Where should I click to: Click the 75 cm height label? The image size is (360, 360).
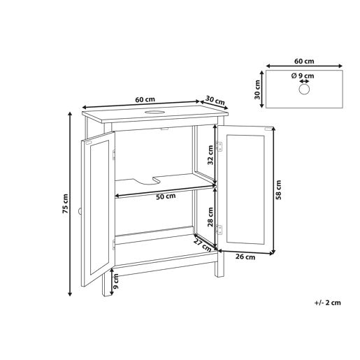point(66,204)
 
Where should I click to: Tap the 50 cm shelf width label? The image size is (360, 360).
point(166,196)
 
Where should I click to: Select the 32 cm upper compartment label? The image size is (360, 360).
point(210,155)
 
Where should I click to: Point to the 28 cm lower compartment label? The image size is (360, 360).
point(210,217)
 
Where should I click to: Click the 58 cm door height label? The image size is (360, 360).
point(278,190)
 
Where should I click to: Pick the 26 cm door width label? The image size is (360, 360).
point(245,257)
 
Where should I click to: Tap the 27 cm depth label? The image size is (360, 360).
point(202,245)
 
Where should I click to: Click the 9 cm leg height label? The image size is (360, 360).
point(116,282)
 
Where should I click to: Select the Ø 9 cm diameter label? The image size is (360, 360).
point(303,75)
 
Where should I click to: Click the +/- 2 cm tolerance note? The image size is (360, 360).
point(327,303)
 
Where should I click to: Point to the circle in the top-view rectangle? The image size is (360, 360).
point(304,89)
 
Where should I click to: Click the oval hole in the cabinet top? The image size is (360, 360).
point(154,112)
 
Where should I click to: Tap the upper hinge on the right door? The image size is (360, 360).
point(219,146)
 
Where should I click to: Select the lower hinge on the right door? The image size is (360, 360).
point(219,229)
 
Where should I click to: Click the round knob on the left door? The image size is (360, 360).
point(80,211)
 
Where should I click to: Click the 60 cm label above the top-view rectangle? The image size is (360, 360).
point(304,62)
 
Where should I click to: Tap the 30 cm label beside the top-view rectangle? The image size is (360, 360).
point(257,89)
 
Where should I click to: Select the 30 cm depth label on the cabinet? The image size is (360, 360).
point(215,101)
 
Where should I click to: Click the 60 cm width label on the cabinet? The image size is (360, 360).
point(145,99)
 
